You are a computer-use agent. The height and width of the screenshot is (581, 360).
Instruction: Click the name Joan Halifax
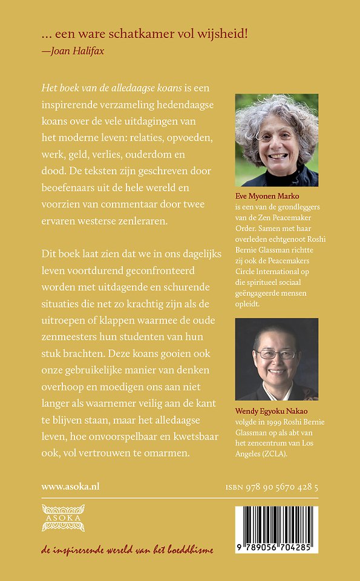(72, 50)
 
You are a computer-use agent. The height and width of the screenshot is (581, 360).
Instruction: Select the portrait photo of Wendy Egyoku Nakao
(276, 359)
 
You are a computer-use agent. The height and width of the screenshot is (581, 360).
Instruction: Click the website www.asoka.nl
(70, 486)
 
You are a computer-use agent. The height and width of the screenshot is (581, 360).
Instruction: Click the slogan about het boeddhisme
(127, 550)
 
